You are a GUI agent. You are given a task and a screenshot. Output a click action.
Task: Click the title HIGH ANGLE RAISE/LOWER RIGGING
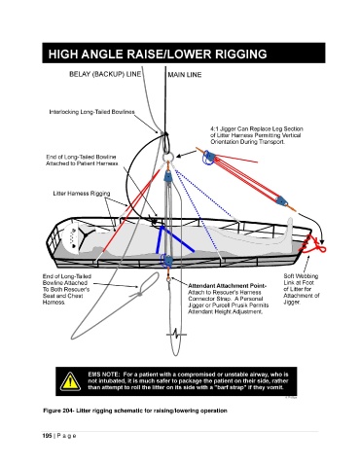[158, 54]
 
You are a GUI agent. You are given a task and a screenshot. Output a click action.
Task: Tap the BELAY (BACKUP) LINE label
[105, 74]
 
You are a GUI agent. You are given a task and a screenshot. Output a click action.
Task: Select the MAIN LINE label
[185, 75]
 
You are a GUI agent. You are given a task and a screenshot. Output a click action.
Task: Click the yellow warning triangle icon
[70, 381]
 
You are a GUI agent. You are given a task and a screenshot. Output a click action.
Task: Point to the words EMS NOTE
[104, 375]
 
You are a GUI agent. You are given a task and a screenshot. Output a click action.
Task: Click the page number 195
[47, 436]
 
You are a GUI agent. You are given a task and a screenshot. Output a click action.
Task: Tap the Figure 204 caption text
[135, 411]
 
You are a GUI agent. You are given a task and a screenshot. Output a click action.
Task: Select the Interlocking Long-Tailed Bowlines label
[91, 112]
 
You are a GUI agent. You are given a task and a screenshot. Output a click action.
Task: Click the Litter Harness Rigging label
[82, 194]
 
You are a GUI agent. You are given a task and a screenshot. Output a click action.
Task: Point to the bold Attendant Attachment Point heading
[227, 286]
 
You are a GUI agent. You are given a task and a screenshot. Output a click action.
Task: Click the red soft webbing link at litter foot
[314, 245]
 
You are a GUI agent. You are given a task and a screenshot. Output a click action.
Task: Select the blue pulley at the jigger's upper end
[208, 157]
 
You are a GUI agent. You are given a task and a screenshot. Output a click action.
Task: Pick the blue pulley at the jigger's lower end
[281, 202]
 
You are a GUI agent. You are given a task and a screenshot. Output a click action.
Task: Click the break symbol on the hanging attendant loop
[176, 334]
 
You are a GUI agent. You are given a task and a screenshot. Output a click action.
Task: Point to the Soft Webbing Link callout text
[301, 289]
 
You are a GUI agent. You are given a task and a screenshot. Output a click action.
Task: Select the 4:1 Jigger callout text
[257, 135]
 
